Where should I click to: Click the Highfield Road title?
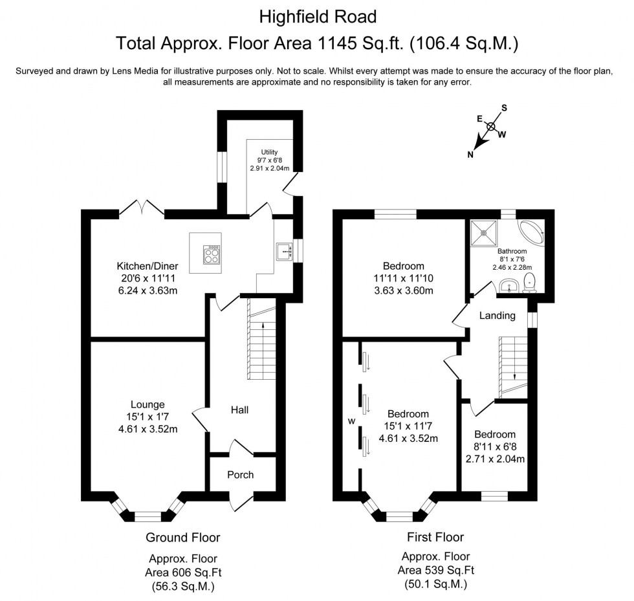click(x=316, y=15)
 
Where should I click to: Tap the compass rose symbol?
click(x=491, y=127)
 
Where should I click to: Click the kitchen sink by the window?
click(x=283, y=250)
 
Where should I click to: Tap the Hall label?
click(x=239, y=410)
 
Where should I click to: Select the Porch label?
click(x=240, y=475)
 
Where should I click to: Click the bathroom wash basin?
click(x=509, y=285)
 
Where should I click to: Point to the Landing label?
click(x=497, y=316)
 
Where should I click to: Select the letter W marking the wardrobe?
click(x=352, y=422)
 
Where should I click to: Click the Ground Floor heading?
click(x=182, y=537)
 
